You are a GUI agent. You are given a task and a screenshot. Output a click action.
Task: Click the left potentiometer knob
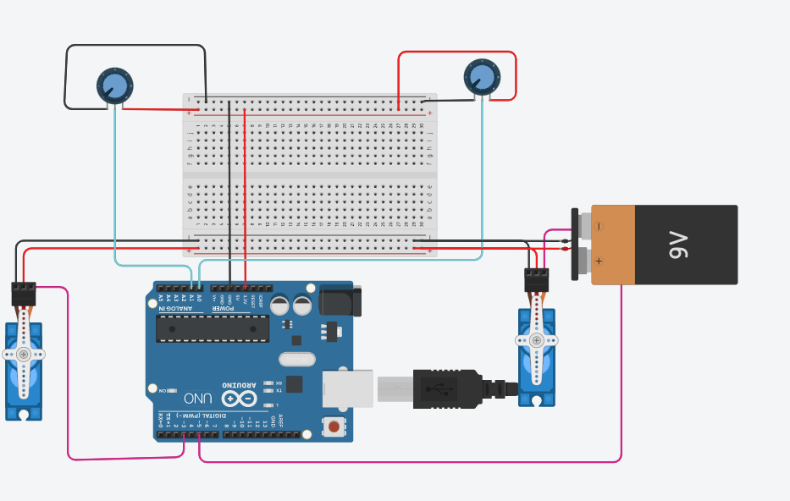point(114,85)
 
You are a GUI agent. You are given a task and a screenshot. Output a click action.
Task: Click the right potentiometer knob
point(482,76)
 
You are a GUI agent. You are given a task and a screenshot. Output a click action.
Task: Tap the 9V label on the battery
point(680,245)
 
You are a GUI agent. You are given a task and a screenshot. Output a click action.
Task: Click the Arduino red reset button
point(335,426)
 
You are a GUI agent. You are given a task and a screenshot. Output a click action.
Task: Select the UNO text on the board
point(197,398)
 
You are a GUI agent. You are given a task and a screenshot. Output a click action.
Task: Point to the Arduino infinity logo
point(239,398)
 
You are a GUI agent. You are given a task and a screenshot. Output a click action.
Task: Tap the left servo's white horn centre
point(24,354)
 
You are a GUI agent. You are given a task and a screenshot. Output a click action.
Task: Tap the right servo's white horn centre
point(536,340)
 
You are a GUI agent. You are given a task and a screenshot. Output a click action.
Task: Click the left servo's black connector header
point(24,294)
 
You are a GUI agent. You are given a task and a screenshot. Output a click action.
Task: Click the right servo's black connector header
point(536,280)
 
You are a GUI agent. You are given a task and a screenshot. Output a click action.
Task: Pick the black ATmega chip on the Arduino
point(213,328)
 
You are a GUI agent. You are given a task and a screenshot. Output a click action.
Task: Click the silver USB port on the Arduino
point(347,388)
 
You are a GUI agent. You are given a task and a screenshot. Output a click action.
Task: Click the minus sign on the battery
point(599,226)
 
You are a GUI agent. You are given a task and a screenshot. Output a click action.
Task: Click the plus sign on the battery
point(599,261)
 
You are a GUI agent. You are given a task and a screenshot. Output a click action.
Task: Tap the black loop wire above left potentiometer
point(135,46)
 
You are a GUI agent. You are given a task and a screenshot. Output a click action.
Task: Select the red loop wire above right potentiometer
point(457,52)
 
